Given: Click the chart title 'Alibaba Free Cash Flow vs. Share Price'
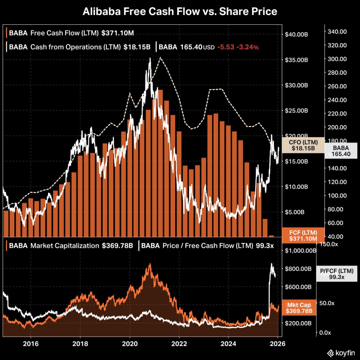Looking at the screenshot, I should coord(180,12).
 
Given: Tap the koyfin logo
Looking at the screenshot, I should coord(340,353).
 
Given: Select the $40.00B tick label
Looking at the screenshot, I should coord(297,34).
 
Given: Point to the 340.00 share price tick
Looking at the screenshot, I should coord(338,32).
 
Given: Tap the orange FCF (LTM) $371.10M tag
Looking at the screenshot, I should coord(303,235).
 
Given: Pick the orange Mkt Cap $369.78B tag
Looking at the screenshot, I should coord(299,308).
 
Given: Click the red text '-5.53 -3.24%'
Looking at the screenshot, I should coord(238,47).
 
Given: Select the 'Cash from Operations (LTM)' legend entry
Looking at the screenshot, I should coord(75,47).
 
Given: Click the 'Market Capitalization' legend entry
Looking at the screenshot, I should coord(65,246).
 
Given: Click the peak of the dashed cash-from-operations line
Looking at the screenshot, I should coord(160,57).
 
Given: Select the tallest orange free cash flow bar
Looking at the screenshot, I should coord(160,163).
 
